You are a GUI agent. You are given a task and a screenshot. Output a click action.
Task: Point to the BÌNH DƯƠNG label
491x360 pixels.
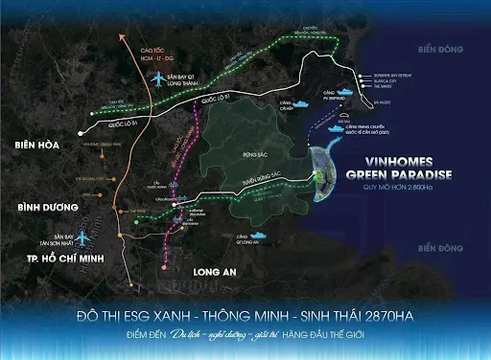[x=39, y=207]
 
